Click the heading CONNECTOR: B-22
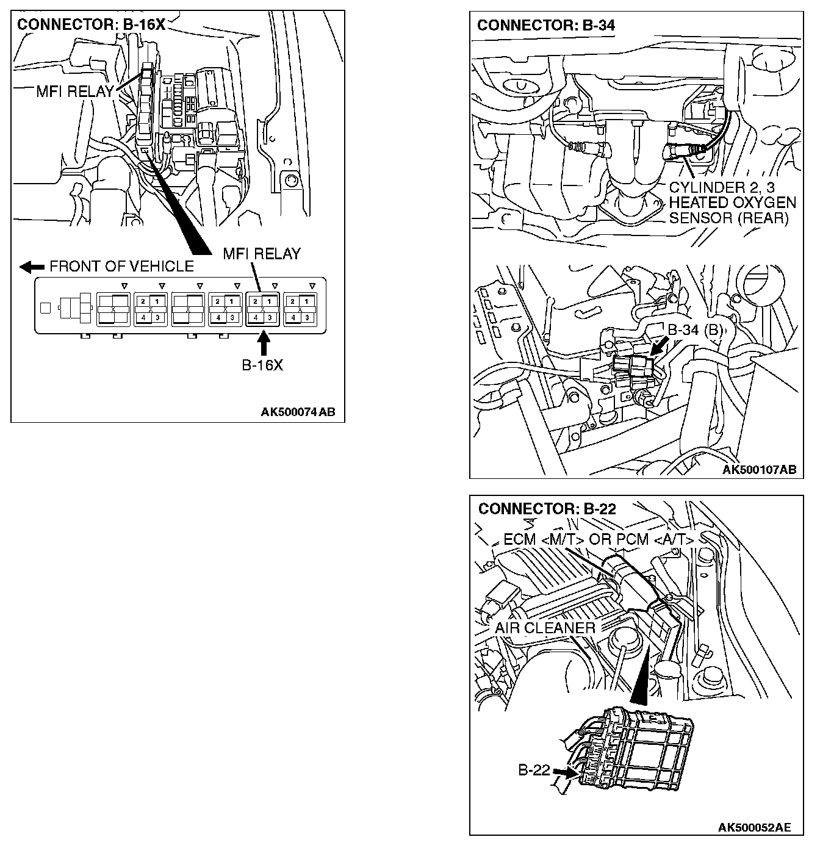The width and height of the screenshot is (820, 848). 547,509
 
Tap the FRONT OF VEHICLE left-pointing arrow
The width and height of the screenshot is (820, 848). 32,267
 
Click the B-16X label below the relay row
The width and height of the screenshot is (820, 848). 262,365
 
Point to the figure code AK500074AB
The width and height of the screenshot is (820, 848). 298,412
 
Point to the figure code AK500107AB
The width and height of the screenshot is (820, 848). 759,469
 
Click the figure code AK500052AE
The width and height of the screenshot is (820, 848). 754,827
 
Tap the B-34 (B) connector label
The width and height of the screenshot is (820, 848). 696,330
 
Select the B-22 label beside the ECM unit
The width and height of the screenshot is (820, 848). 534,771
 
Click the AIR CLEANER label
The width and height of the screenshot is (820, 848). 545,628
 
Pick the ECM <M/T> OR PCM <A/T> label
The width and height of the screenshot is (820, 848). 599,540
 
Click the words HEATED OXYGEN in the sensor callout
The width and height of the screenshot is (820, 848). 732,203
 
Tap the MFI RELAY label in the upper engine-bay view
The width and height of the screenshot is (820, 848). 75,92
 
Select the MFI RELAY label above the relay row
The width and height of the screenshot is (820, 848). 262,253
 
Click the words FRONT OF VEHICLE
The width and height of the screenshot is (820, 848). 121,267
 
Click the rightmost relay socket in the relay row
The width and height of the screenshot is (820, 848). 300,309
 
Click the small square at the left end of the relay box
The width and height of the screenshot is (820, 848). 45,308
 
